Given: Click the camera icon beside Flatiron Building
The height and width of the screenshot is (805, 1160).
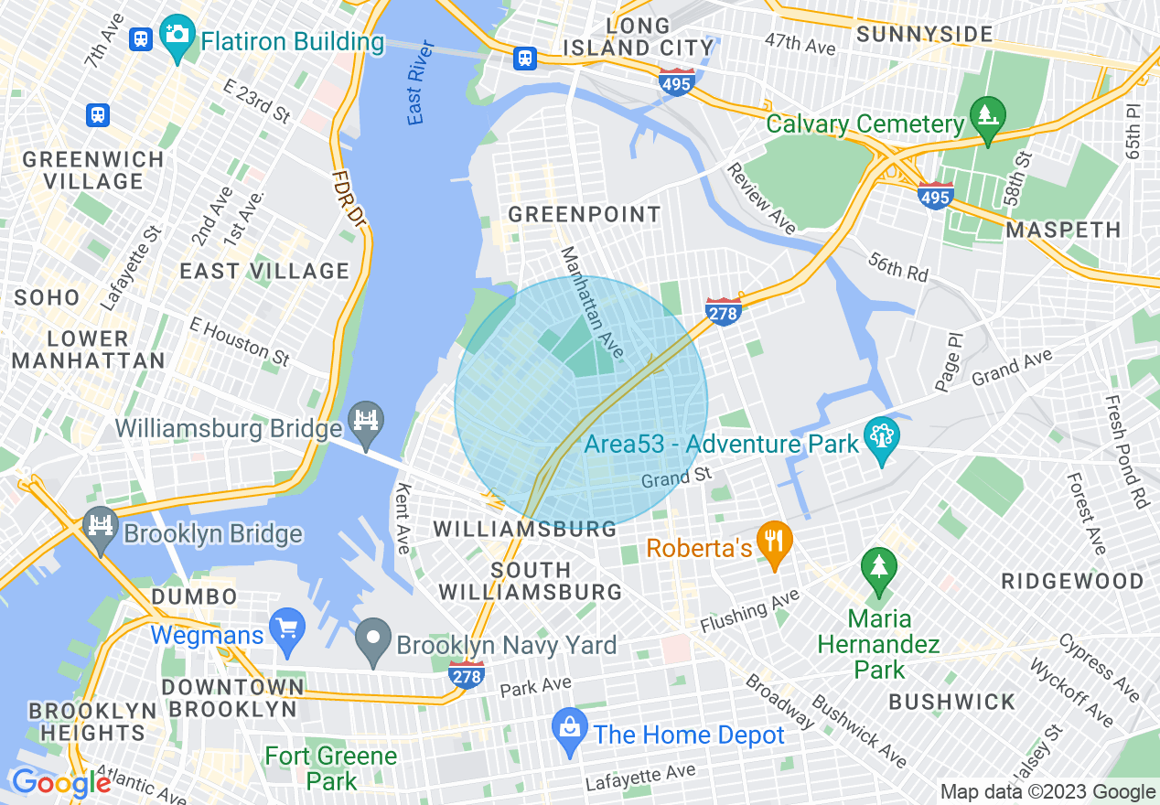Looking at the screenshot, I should click(176, 36).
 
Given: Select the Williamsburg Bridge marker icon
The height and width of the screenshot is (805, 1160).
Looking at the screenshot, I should click(366, 423).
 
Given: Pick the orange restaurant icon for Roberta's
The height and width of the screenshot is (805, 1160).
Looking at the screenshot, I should click(775, 546).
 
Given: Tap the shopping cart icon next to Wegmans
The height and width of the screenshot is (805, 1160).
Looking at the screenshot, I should click(288, 631).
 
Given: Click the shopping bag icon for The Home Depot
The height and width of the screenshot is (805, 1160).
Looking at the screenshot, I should click(570, 731).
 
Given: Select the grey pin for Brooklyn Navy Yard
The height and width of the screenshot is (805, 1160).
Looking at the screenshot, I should click(373, 640).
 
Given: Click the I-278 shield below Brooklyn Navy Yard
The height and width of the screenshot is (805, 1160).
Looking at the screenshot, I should click(466, 675).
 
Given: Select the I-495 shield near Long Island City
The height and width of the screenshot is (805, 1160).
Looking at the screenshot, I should click(676, 81).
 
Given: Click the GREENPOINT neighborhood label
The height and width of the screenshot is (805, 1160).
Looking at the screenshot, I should click(584, 215).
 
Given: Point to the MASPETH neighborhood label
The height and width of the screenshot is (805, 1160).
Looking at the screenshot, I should click(1063, 230).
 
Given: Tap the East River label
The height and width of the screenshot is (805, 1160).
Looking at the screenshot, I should click(418, 93).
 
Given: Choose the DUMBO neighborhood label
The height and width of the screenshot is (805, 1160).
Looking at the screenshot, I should click(194, 596).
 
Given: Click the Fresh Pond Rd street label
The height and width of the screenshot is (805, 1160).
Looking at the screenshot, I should click(1126, 452).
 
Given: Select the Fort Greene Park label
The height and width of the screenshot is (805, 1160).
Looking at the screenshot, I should click(331, 768).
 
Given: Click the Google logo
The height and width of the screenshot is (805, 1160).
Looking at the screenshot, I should click(60, 784).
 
